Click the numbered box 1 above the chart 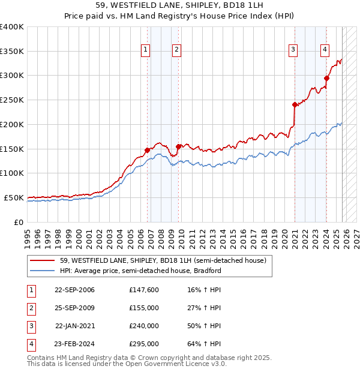tap(146, 50)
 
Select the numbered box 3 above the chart tap(293, 50)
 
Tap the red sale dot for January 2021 tap(295, 104)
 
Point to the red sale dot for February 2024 tap(326, 77)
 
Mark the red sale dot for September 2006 tap(147, 150)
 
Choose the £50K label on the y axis tap(14, 197)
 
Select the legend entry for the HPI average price tap(140, 271)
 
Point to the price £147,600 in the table tap(143, 290)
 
